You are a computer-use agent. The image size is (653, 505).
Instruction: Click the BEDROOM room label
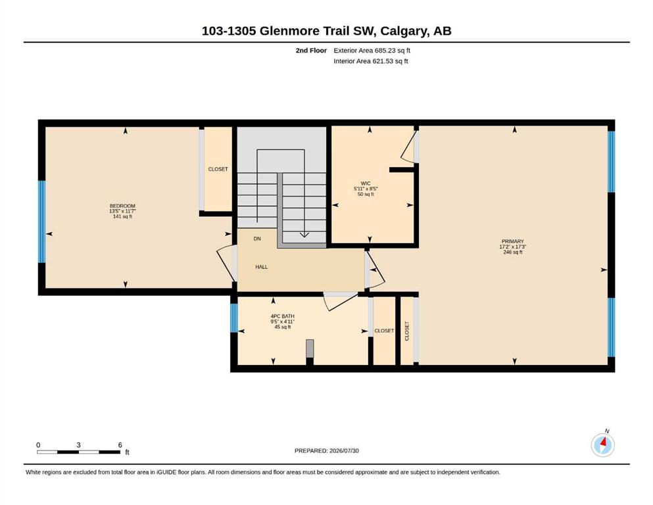[122, 206]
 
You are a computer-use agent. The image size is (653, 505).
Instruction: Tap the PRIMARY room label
[513, 241]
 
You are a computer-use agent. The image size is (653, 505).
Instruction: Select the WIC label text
[366, 183]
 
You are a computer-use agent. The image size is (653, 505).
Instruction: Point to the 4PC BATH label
[282, 316]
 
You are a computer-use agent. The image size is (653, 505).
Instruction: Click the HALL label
[262, 267]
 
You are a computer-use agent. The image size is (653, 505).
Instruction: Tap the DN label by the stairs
[257, 239]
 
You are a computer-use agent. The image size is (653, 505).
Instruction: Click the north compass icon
[603, 445]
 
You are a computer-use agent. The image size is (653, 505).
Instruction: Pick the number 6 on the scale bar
[120, 445]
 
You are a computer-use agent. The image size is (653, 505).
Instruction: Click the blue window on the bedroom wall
[41, 222]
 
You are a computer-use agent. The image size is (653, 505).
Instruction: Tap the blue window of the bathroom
[234, 318]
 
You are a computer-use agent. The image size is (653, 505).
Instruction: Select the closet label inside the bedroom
[218, 169]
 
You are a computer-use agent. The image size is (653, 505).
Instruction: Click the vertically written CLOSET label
[407, 331]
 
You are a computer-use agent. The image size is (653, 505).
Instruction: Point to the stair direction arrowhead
[304, 235]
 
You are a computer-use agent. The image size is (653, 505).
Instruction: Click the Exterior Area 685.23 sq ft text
[372, 51]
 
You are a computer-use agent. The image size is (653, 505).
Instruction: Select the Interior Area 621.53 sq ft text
[371, 61]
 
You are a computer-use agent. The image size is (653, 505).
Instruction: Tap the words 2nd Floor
[311, 51]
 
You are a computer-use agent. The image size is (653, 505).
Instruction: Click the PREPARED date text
[326, 450]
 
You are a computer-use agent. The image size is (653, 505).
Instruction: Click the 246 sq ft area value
[513, 252]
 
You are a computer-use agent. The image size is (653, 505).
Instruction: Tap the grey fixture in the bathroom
[310, 349]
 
